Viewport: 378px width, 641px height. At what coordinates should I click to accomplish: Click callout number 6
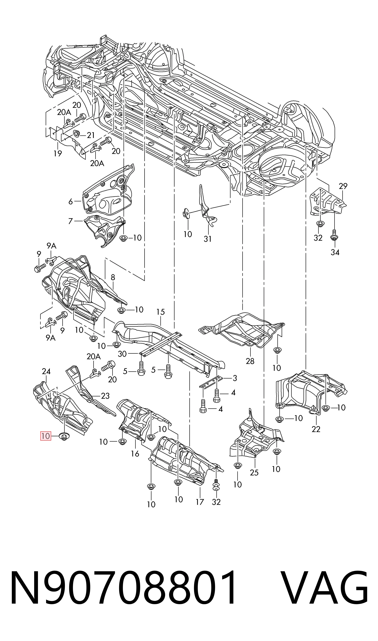point(71,202)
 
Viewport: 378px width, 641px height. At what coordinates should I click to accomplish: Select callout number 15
point(161,312)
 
